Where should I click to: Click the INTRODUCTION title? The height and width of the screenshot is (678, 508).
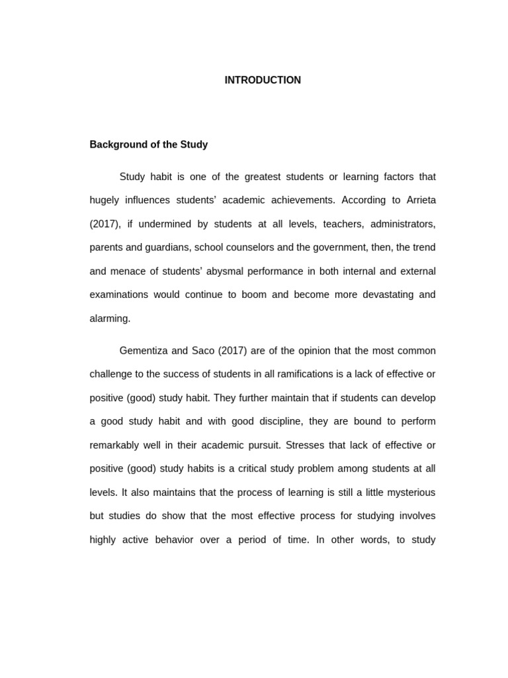[263, 80]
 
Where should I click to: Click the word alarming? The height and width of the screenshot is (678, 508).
[110, 318]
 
